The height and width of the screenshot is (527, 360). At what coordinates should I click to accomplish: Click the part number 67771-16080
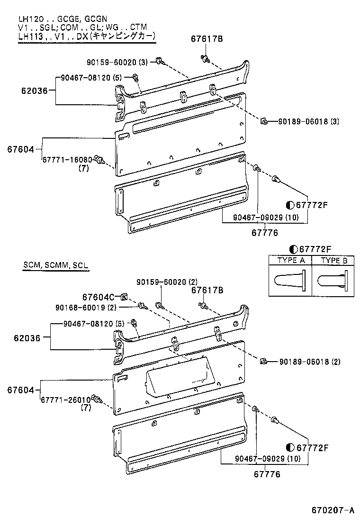[66, 160]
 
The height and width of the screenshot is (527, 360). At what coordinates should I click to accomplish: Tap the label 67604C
[98, 297]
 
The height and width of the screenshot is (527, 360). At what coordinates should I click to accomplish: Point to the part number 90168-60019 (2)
[86, 307]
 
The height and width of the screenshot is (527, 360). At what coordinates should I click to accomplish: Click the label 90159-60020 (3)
[117, 62]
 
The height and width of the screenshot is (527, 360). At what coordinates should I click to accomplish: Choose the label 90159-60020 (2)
[167, 282]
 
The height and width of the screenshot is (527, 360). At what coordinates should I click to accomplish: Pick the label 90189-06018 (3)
[309, 122]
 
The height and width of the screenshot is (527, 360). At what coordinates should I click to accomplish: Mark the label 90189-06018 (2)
[309, 362]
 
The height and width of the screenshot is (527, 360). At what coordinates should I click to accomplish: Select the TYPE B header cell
[334, 260]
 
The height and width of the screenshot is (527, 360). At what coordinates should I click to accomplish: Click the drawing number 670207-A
[333, 510]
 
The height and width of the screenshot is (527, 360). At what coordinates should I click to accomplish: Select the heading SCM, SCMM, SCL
[55, 265]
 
